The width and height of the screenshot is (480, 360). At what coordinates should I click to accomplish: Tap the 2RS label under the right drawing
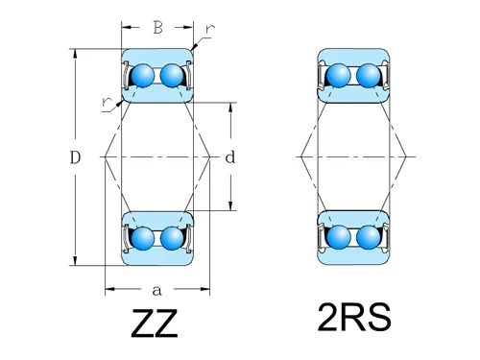tap(353, 319)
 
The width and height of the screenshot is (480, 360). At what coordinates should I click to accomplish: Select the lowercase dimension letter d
tap(229, 156)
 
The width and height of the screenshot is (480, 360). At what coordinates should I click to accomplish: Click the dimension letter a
tap(156, 289)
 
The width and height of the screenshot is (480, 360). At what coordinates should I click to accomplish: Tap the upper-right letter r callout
tap(209, 30)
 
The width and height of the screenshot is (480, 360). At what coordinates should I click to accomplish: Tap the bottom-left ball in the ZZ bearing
tap(143, 237)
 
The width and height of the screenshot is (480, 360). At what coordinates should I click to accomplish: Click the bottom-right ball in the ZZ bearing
tap(172, 237)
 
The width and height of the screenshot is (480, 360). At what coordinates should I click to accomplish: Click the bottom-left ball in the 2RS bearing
tap(339, 237)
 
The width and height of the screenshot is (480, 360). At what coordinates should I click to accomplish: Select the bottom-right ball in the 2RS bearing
tap(368, 237)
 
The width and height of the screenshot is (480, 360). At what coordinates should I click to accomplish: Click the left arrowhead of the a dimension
tap(108, 288)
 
